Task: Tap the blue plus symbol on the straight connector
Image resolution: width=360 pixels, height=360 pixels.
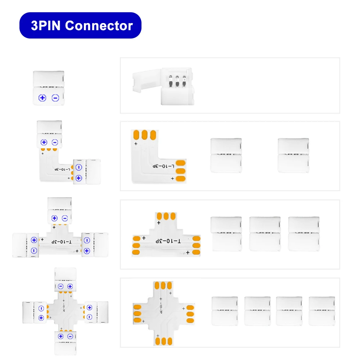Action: click(43, 98)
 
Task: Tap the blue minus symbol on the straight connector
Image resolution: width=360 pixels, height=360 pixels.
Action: click(55, 98)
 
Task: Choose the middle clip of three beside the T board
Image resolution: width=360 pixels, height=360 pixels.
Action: click(265, 234)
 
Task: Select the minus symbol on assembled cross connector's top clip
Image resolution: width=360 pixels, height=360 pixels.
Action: click(60, 287)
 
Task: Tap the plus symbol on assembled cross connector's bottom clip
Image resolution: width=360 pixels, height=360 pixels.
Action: click(60, 336)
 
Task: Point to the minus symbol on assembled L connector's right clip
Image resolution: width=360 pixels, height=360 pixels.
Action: click(78, 167)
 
